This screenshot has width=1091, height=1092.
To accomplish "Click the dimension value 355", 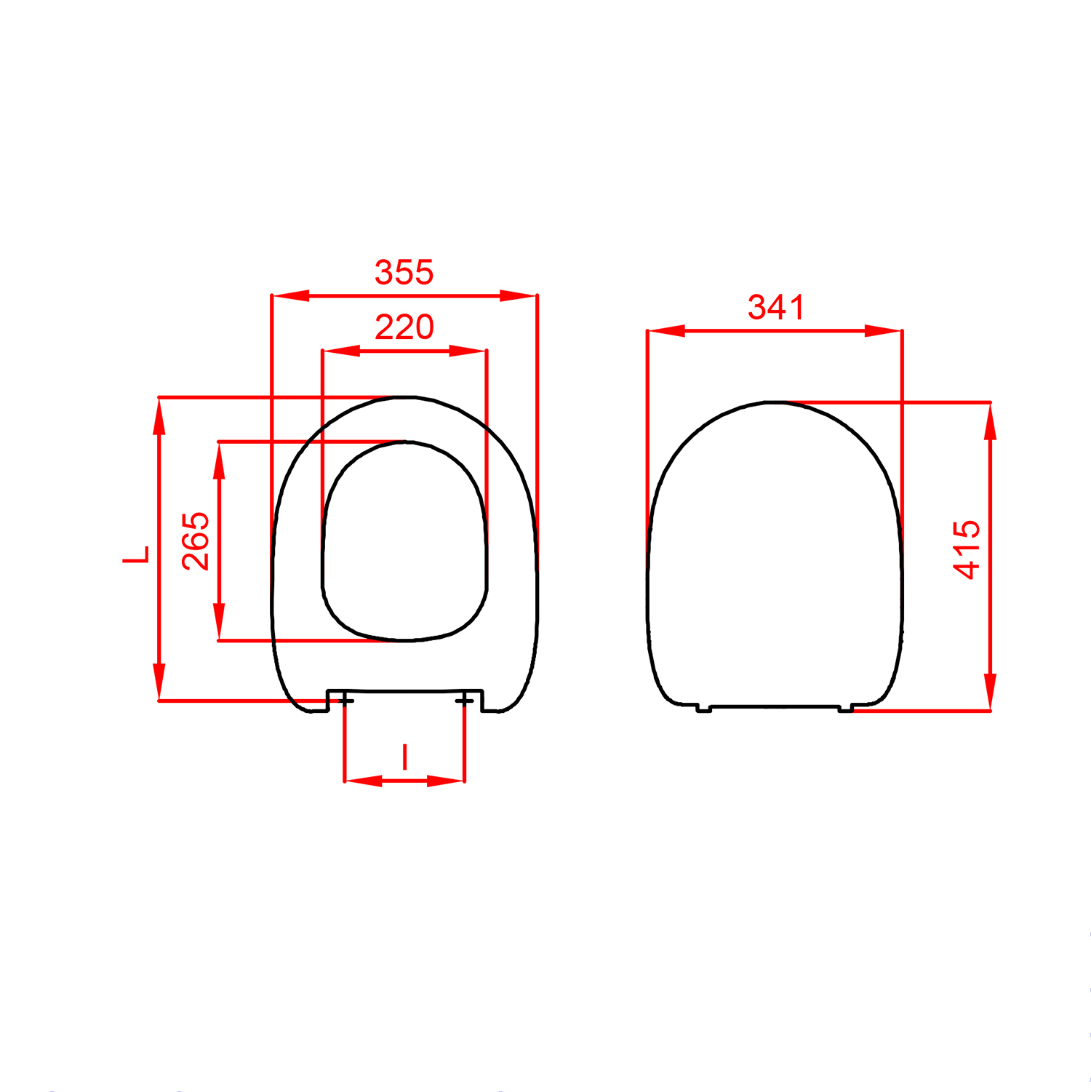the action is [x=404, y=273].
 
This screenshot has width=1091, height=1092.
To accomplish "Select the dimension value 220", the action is [x=404, y=327].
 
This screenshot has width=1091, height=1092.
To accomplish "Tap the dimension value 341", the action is [x=776, y=308].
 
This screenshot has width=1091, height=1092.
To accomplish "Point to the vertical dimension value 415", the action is [x=968, y=549].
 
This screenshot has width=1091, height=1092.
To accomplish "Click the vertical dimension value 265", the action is [x=196, y=541].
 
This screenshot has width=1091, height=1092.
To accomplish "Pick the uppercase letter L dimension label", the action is [x=136, y=554].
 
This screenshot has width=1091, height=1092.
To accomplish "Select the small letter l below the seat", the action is [x=405, y=757].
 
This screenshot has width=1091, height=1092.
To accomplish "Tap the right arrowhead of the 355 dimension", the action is [x=518, y=295].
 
